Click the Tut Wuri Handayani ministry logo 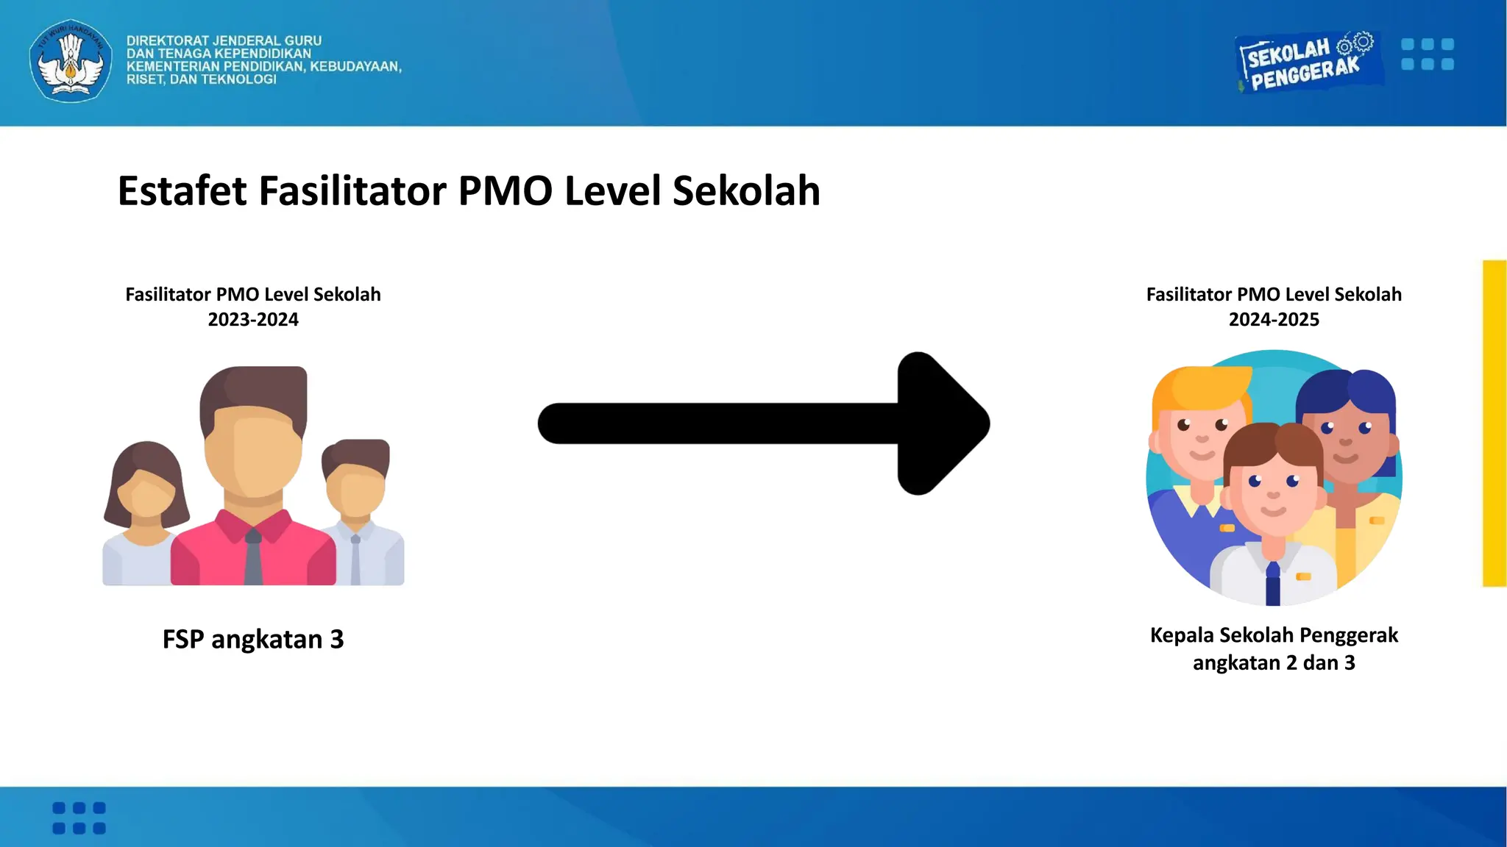(x=71, y=61)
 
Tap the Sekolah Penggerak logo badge (x=1308, y=62)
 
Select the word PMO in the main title (x=505, y=191)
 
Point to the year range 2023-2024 (x=253, y=320)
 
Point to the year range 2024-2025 (x=1274, y=320)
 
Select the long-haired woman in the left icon (x=146, y=500)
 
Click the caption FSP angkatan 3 (x=253, y=639)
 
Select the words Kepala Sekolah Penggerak (x=1274, y=635)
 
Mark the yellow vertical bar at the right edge (x=1494, y=423)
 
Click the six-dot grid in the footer (x=79, y=818)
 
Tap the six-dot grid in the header (x=1428, y=54)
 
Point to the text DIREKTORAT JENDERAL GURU (x=224, y=41)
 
